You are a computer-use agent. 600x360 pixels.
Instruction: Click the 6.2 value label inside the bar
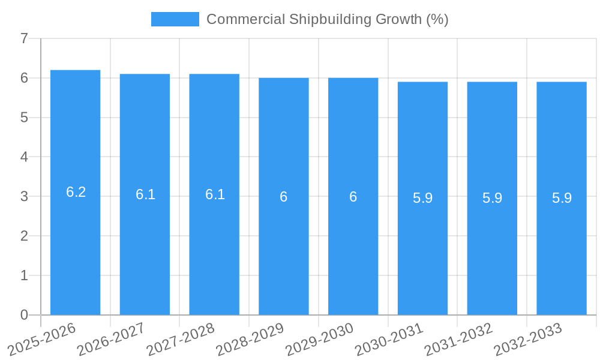click(76, 192)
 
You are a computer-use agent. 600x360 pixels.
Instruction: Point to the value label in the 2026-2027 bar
click(145, 194)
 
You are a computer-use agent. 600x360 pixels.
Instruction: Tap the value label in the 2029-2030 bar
click(353, 197)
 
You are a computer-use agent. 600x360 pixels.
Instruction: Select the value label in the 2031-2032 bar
click(492, 198)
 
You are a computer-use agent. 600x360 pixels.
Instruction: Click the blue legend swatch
click(175, 19)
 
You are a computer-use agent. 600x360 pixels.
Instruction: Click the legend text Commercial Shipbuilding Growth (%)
click(328, 19)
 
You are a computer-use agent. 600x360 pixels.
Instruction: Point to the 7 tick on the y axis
click(24, 39)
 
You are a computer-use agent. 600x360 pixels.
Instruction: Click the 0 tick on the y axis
click(24, 315)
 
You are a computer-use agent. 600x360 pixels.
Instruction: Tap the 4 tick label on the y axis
click(24, 157)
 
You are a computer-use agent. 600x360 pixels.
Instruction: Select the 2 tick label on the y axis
click(24, 236)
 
